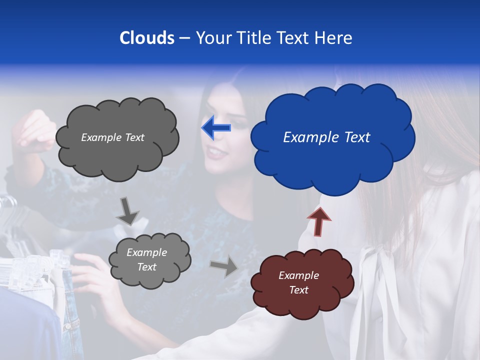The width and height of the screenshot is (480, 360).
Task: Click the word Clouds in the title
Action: click(146, 38)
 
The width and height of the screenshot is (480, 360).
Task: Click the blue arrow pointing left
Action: click(216, 128)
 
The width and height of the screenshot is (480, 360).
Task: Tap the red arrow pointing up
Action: click(319, 221)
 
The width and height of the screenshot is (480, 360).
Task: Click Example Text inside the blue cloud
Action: click(326, 137)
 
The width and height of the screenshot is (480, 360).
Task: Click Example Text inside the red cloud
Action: click(298, 282)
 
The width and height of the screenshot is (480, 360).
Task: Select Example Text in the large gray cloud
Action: click(112, 137)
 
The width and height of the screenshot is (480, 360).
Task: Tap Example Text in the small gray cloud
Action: click(146, 259)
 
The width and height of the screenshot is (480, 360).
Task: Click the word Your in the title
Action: click(212, 38)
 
